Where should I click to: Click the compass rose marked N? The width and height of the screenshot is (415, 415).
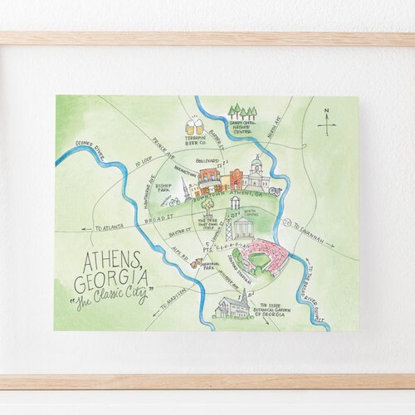tap(327, 124)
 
